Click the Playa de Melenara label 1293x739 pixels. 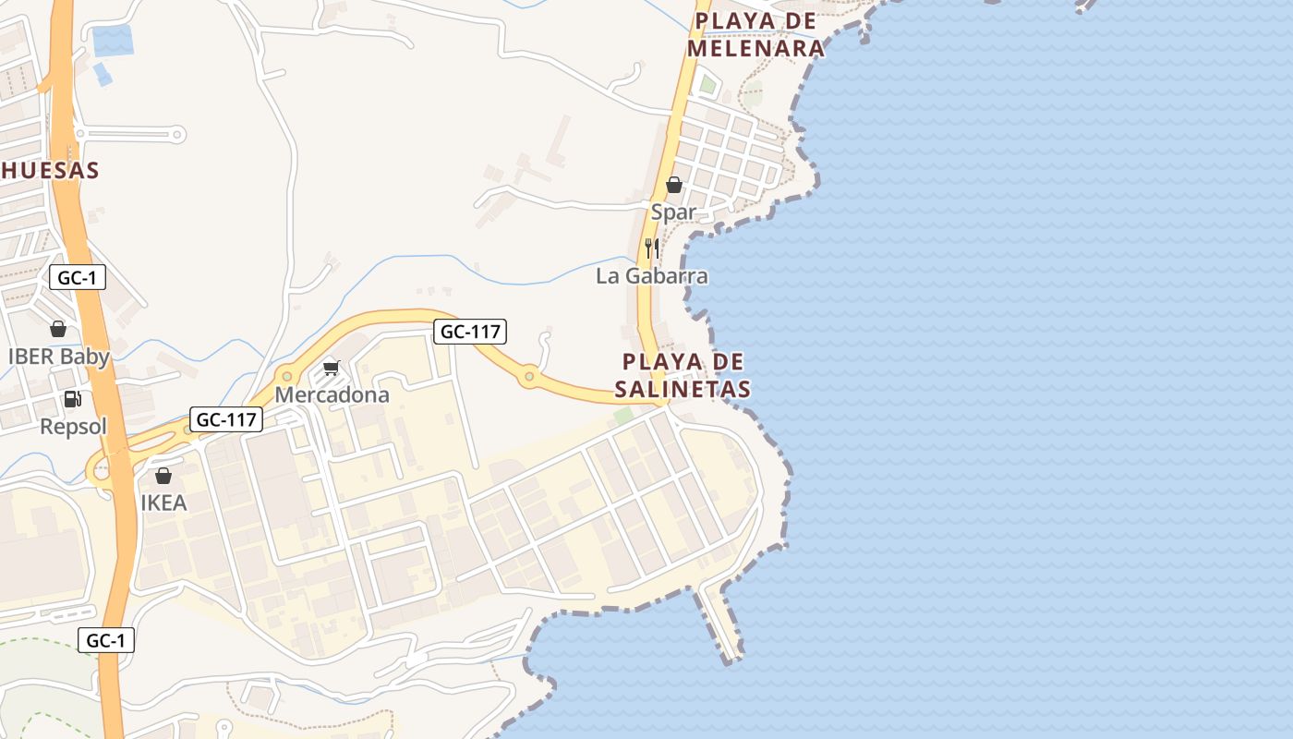[x=758, y=35]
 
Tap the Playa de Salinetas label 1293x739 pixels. [x=685, y=375]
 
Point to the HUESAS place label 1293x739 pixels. [x=50, y=171]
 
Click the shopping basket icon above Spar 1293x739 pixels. [x=674, y=185]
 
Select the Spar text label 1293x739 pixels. [x=673, y=212]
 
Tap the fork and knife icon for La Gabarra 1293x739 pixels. [x=652, y=248]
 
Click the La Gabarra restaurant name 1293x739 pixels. [x=652, y=276]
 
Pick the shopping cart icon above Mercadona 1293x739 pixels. [x=332, y=368]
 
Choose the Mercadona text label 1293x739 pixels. [x=332, y=395]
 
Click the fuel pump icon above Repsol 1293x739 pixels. [x=72, y=399]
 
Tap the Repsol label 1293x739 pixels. [x=74, y=427]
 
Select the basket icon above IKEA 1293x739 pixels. [x=163, y=476]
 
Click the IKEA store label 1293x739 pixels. [x=163, y=503]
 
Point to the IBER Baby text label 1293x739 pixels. [x=58, y=357]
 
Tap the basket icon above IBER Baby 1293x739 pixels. [x=58, y=329]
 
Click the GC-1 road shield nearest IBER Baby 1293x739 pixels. [x=78, y=277]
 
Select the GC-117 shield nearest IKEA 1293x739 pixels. [x=227, y=419]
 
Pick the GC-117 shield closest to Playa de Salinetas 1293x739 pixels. [x=470, y=332]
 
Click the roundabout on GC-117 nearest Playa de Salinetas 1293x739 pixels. [x=529, y=376]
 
